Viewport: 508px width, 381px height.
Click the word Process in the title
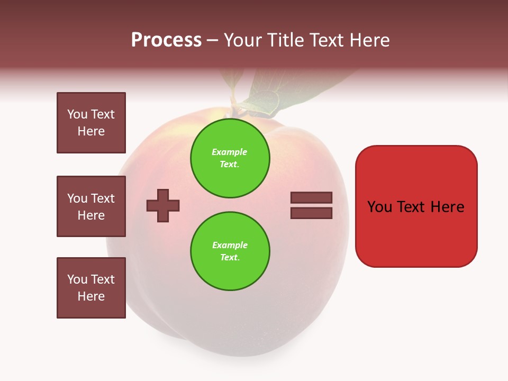[x=166, y=40]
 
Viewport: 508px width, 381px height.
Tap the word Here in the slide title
[x=368, y=40]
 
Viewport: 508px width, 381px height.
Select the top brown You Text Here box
[x=91, y=123]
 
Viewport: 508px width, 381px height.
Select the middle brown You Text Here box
[x=91, y=206]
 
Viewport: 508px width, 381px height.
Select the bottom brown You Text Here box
[x=91, y=288]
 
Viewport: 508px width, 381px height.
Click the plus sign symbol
[x=163, y=205]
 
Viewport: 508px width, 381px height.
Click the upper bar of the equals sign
[x=311, y=197]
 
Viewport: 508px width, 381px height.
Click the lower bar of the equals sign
[x=311, y=213]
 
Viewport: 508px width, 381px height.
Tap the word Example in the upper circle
[x=229, y=152]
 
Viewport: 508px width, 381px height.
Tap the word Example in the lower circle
[x=230, y=245]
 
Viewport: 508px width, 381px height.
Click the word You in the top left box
[x=77, y=114]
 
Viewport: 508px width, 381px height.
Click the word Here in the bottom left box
[x=91, y=296]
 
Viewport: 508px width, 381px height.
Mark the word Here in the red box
[x=447, y=207]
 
